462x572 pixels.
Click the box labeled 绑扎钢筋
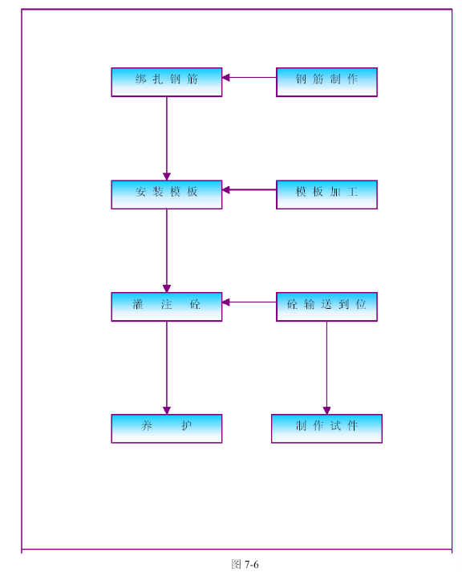167,82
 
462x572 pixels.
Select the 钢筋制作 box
326,82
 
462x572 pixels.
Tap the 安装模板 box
167,194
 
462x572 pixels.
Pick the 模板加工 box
326,194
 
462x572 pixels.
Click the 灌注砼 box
167,306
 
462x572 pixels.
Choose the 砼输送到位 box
326,306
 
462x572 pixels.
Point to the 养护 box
167,428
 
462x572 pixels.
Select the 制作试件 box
326,428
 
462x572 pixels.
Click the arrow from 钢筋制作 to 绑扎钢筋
249,77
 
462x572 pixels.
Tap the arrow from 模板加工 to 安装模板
249,189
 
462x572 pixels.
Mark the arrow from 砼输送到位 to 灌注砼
249,302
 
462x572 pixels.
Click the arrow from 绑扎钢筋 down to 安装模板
167,139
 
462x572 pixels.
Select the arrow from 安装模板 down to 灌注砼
167,250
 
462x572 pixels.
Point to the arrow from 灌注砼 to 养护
167,367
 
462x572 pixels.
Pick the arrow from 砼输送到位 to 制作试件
326,367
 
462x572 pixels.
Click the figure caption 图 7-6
245,564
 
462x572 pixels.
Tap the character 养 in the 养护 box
147,425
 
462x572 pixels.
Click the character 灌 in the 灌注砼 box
138,304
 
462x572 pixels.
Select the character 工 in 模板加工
352,192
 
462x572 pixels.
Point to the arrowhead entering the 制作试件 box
326,411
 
